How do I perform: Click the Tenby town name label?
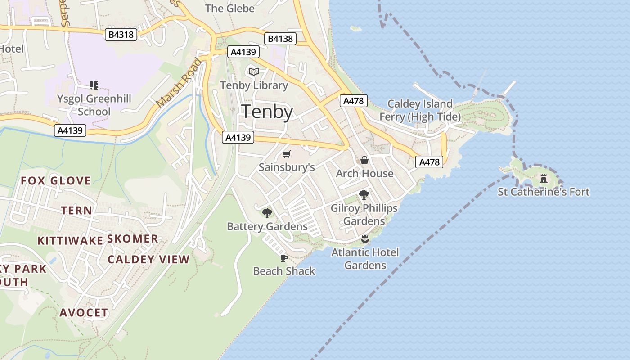[x=268, y=112]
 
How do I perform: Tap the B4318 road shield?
[x=121, y=34]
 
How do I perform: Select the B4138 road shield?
[x=280, y=39]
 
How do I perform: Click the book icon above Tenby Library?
[x=254, y=72]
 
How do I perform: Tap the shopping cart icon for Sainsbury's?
[x=287, y=154]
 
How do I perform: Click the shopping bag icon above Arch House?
[x=364, y=160]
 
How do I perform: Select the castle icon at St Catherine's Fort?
[x=544, y=178]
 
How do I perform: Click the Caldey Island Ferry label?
[x=420, y=110]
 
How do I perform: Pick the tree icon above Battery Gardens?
[x=267, y=213]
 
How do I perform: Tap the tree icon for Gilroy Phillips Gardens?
[x=364, y=195]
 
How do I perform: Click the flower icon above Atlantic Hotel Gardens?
[x=365, y=238]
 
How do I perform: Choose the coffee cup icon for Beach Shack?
[x=283, y=258]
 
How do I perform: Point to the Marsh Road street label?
[x=179, y=84]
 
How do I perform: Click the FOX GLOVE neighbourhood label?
[x=56, y=181]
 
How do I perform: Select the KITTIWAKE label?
[x=70, y=241]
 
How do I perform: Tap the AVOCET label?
[x=84, y=312]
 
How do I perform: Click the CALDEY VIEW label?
[x=148, y=259]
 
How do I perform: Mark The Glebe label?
[x=229, y=8]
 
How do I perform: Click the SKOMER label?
[x=132, y=238]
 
